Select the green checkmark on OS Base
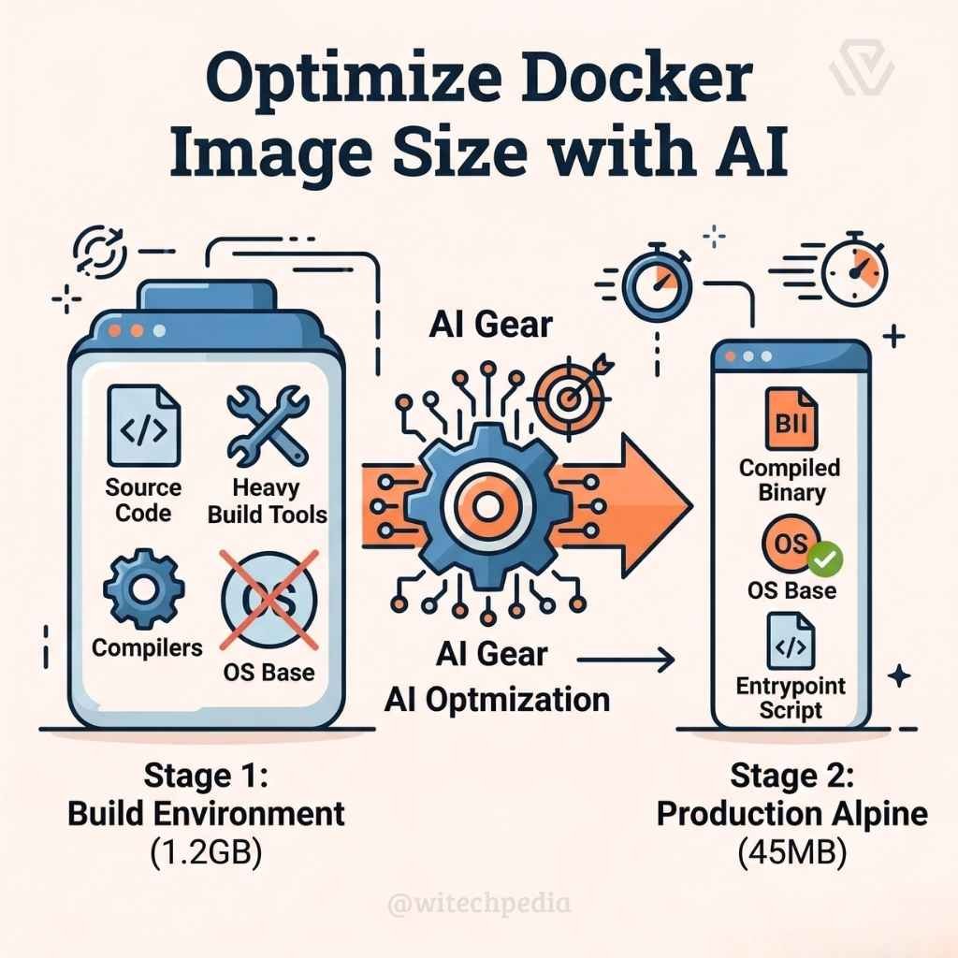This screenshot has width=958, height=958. coord(828,559)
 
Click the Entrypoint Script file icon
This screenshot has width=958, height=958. coord(790,641)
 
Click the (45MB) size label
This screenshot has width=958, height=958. coord(791,853)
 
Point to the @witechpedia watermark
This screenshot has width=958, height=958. coord(478,904)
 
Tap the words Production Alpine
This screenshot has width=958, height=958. coord(791,813)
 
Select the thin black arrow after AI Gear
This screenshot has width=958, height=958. coord(626,661)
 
